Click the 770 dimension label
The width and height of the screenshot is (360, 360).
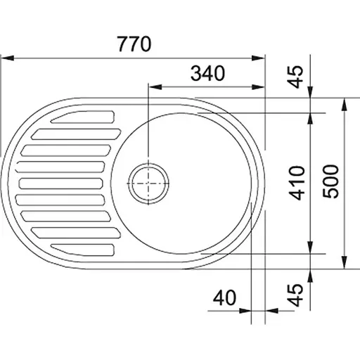point(134,44)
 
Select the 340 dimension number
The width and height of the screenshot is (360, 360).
point(207,73)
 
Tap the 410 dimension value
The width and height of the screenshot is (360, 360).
point(297,183)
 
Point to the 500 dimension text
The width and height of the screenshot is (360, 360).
point(330,181)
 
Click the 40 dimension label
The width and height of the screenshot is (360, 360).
point(224,297)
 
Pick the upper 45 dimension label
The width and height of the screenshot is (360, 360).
point(295,77)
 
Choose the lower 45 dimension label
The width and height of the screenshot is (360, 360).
point(295,295)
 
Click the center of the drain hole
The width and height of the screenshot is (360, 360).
point(148,184)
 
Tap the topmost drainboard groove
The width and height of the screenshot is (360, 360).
point(83,117)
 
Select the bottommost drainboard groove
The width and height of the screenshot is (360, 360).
point(83,250)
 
